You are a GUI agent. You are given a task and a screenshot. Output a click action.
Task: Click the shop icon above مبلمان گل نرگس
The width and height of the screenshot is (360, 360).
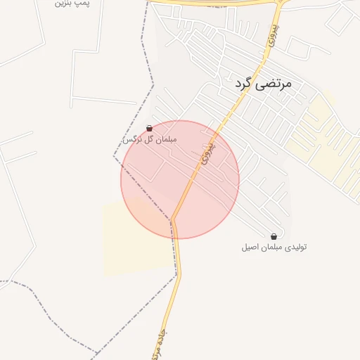149,128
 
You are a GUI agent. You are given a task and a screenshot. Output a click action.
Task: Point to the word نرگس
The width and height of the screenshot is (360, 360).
130,139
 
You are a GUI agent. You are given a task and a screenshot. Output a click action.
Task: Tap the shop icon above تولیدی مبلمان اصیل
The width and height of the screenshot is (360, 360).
274,236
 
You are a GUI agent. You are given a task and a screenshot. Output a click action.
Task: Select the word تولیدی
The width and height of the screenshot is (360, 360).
295,247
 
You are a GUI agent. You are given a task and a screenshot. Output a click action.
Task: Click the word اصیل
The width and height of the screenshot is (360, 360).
250,247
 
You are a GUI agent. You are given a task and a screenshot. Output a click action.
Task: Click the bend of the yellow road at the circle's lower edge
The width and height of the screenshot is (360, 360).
173,219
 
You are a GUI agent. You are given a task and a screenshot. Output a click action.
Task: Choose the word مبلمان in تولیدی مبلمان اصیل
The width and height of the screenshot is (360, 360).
272,247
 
